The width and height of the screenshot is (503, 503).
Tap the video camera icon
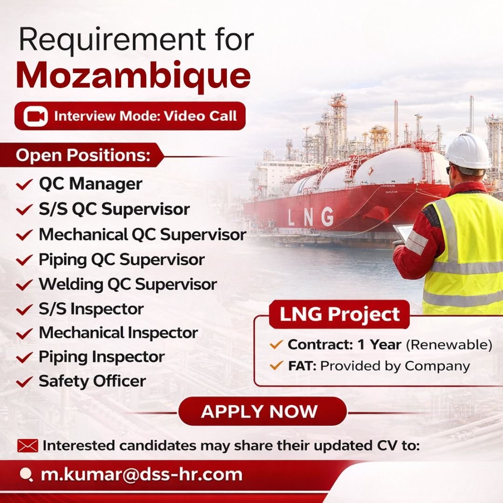pos(35,116)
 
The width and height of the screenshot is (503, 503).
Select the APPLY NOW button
pos(259,412)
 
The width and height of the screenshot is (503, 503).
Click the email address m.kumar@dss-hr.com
pos(142,475)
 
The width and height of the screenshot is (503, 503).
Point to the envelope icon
pos(27,446)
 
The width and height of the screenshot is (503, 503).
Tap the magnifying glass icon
pos(27,475)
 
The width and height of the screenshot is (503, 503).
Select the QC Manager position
pos(90,184)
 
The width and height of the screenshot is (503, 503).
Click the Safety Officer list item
pos(92,381)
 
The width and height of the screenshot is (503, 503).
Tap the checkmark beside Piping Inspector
pos(24,358)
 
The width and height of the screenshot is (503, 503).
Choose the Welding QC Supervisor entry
pos(128,284)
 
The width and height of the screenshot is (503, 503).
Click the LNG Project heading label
pos(340,314)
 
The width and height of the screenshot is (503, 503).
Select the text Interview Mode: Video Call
pos(145,116)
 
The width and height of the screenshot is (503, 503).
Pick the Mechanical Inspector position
pos(118,333)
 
